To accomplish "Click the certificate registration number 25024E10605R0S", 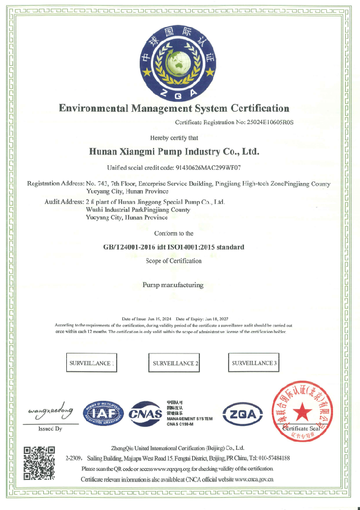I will tap(271, 122).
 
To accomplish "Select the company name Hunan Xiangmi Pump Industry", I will tap(174, 151).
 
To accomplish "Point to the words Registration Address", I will tap(55, 184).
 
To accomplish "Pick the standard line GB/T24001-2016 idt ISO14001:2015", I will tap(173, 247).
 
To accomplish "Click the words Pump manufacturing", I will tap(173, 285).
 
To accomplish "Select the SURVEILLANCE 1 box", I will tap(92, 363).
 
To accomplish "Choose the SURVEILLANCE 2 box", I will tap(173, 364).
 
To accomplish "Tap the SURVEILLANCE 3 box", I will tap(254, 363).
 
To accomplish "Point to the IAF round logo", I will tap(105, 414).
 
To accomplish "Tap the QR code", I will tap(39, 463).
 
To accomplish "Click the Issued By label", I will tap(50, 429).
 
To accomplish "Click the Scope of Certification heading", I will tap(173, 261).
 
